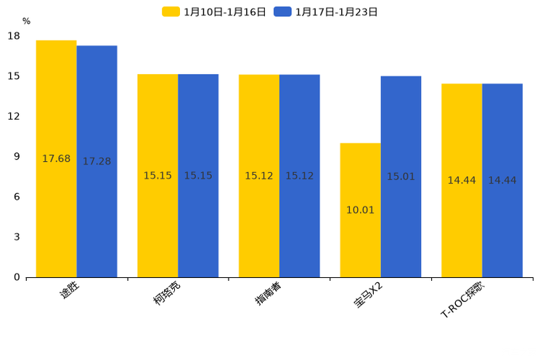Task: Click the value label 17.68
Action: click(x=57, y=159)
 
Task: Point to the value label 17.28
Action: click(x=97, y=162)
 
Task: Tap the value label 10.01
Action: click(x=360, y=210)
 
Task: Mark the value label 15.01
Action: click(x=401, y=177)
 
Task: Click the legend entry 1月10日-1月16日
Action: click(x=215, y=12)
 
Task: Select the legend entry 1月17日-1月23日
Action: click(x=327, y=12)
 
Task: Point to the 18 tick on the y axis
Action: click(x=14, y=36)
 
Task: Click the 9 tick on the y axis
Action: click(x=17, y=157)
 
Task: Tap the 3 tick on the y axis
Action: click(x=17, y=237)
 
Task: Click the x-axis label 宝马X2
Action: click(x=369, y=295)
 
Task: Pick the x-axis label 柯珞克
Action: click(x=167, y=293)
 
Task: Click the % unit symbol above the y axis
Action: click(x=26, y=22)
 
